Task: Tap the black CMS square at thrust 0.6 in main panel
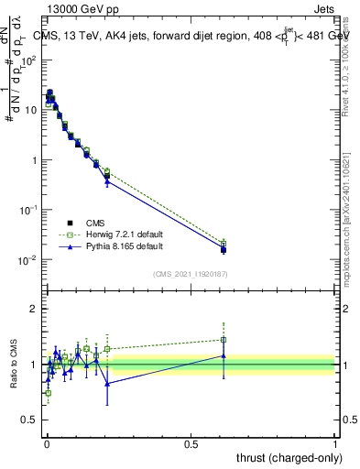[223, 249]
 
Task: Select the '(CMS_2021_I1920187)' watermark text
[190, 272]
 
